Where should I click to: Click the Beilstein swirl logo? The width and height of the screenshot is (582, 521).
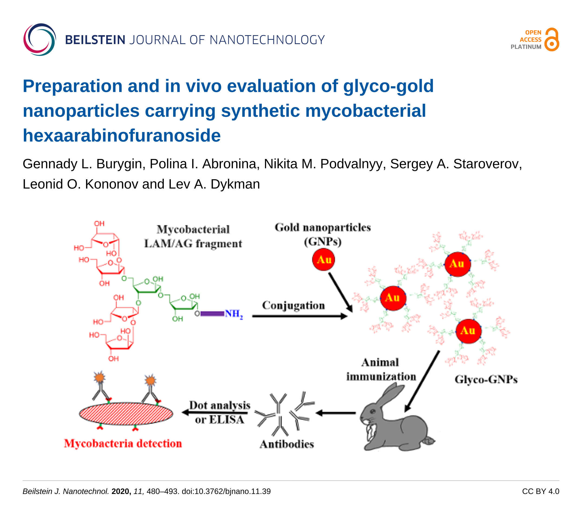40,39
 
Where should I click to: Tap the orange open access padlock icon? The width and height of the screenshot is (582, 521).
552,39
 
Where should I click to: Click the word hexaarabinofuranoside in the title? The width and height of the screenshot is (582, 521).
122,135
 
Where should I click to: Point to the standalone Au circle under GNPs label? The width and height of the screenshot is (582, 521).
323,260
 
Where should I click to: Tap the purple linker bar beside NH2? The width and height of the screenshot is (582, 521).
212,314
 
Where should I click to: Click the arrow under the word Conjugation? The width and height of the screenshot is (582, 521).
300,316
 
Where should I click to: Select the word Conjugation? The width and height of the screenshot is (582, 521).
293,306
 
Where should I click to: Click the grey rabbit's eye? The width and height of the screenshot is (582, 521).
373,411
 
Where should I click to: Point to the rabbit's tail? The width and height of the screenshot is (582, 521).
429,441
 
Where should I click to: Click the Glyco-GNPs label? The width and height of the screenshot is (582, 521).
486,380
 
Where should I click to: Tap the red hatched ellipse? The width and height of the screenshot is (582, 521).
126,414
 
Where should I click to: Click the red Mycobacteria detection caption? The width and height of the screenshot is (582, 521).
123,443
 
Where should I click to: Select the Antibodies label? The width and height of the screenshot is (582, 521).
287,444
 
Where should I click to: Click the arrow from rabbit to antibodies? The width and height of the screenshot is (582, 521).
336,413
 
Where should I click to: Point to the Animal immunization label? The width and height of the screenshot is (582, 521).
381,370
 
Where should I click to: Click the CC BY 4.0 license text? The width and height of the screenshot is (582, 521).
541,491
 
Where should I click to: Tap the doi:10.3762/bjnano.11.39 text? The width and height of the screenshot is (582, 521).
226,491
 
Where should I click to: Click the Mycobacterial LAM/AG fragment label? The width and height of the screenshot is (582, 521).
193,237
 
